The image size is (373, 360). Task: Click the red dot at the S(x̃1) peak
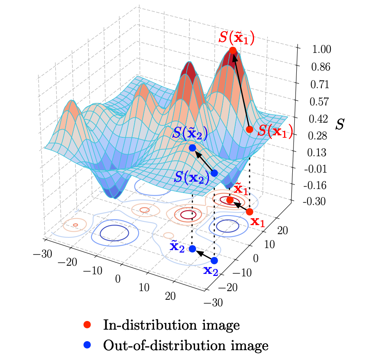233,50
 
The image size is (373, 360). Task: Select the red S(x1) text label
275,131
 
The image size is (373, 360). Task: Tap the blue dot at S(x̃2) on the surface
192,148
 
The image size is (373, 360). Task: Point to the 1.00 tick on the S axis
312,49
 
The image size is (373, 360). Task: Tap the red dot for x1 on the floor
249,212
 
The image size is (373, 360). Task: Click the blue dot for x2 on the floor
214,260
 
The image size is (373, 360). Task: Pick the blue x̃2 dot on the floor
192,248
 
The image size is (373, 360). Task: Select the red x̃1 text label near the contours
241,189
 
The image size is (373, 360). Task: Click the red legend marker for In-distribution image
86,325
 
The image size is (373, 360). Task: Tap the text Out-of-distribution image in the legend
186,345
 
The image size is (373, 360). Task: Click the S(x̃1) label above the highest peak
237,37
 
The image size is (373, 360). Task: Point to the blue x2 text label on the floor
211,271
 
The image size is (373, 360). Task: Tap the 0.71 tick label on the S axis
312,84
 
